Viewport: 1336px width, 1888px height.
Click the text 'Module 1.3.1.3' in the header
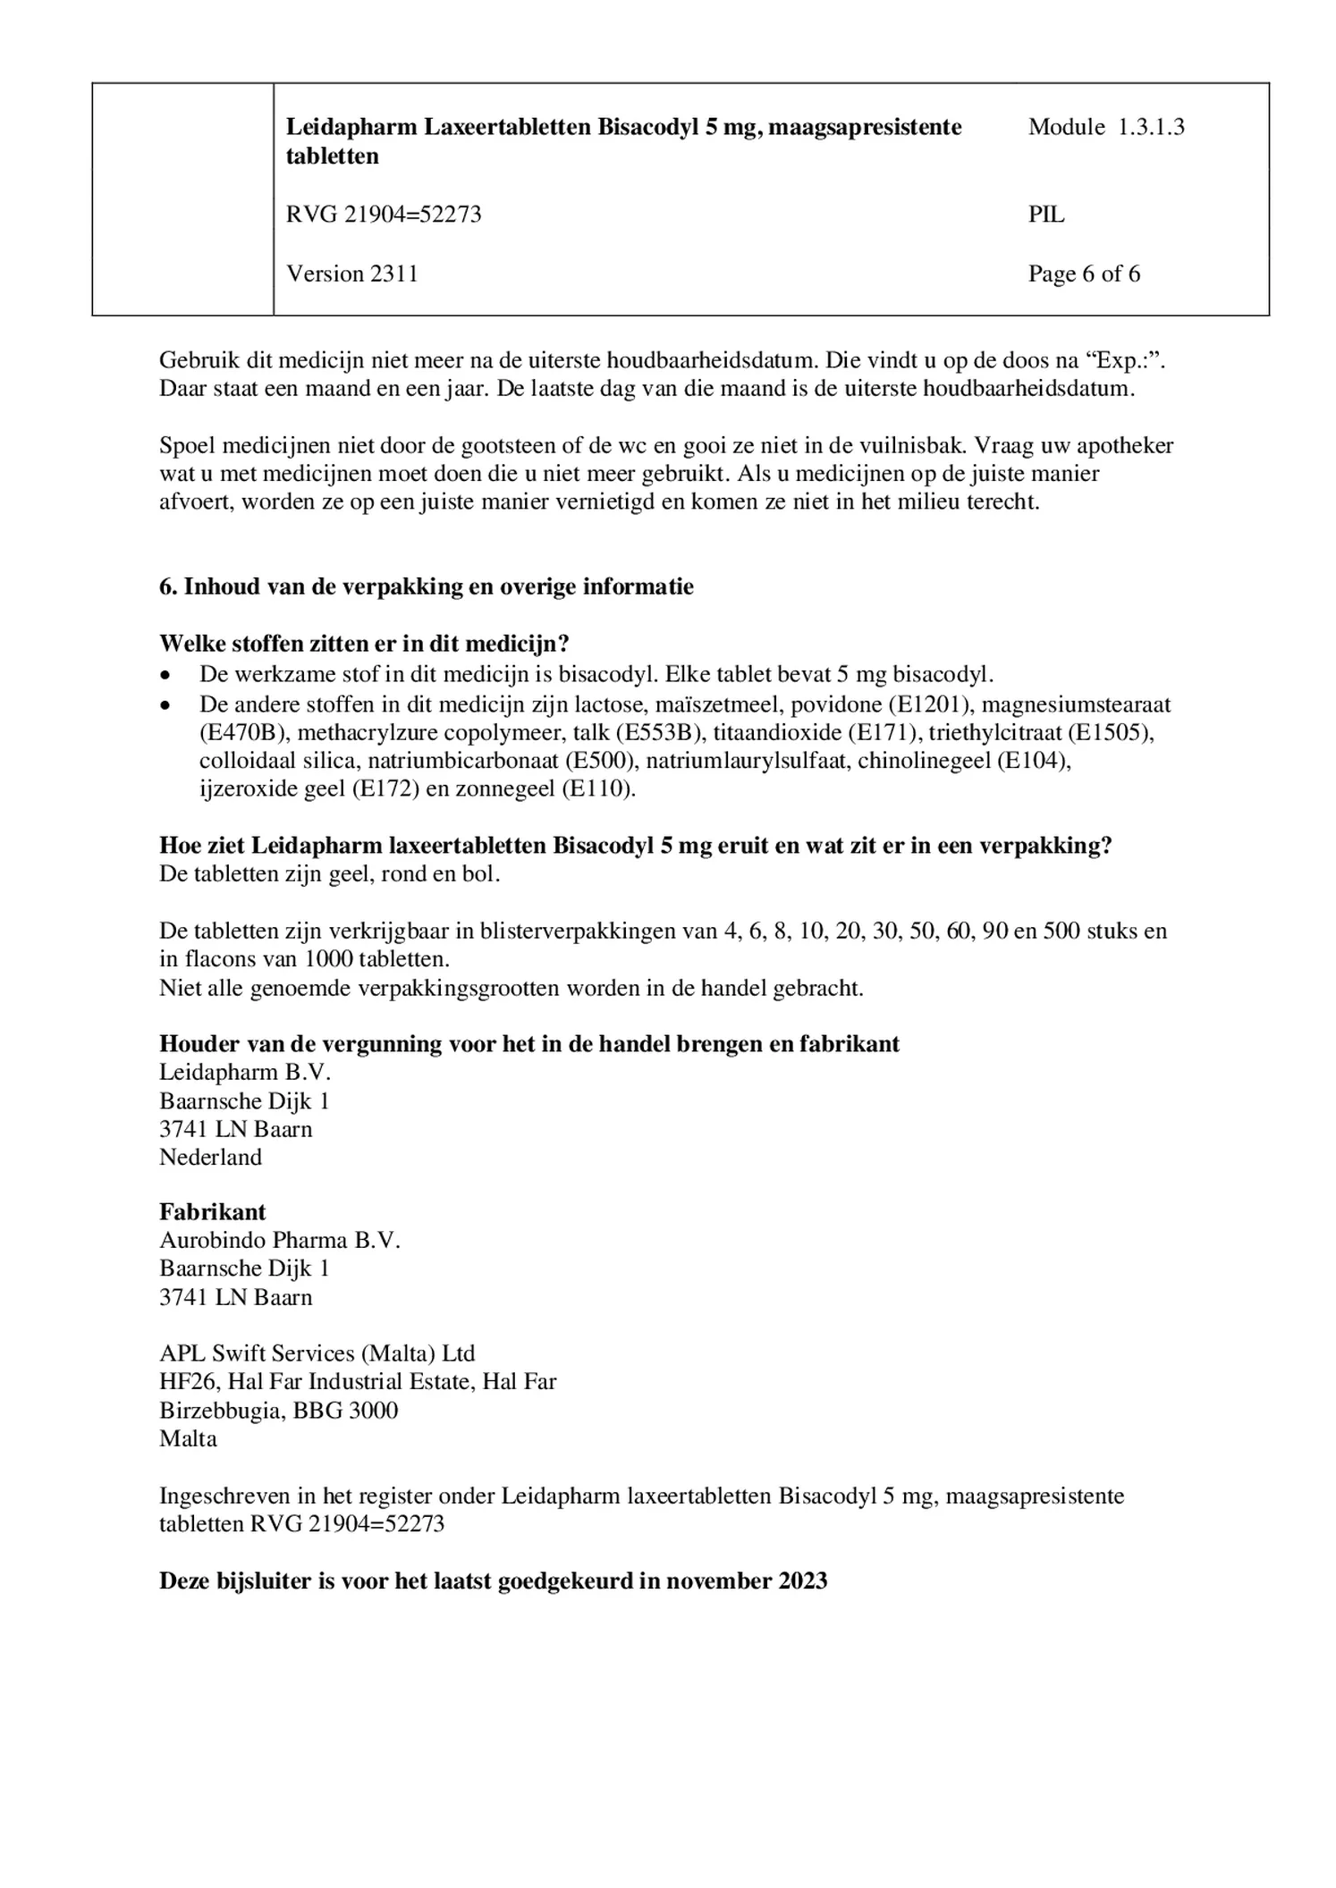coord(1105,127)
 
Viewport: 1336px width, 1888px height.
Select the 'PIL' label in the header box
coord(1046,215)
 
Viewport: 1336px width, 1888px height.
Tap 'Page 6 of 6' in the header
coord(1084,274)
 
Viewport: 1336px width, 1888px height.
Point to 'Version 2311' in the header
coord(352,274)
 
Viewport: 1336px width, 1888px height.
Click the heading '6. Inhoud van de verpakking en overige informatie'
coord(426,586)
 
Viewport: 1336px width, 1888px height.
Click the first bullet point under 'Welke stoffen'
coord(165,675)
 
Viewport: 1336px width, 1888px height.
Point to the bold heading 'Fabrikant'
coord(213,1211)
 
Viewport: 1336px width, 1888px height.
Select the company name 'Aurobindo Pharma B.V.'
coord(279,1240)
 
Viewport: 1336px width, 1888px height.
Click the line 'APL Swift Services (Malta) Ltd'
coord(317,1353)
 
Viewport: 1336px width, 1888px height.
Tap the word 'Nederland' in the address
coord(211,1157)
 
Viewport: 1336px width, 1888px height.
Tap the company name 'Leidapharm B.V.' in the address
coord(244,1072)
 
